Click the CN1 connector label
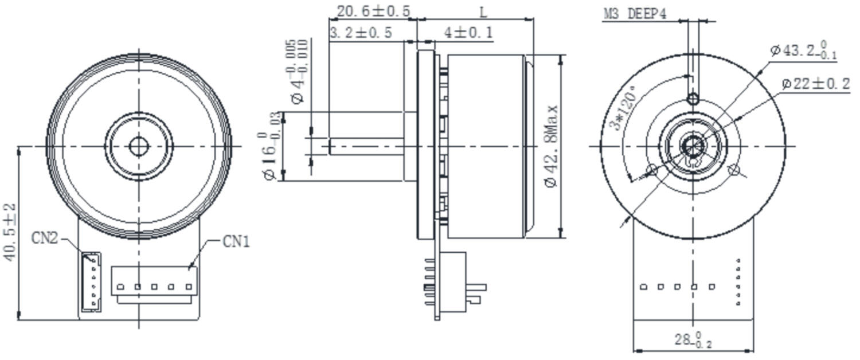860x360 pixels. pyautogui.click(x=236, y=241)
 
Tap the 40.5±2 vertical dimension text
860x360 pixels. pyautogui.click(x=10, y=232)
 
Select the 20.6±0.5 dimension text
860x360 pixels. pyautogui.click(x=373, y=11)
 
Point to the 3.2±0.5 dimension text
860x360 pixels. pyautogui.click(x=361, y=33)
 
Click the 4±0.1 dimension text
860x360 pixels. pyautogui.click(x=468, y=33)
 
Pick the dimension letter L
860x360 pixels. pyautogui.click(x=483, y=11)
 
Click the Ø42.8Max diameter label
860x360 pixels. pyautogui.click(x=552, y=146)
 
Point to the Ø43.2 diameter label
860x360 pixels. pyautogui.click(x=803, y=50)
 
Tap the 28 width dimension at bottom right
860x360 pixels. pyautogui.click(x=693, y=340)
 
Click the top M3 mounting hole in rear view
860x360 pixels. pyautogui.click(x=693, y=99)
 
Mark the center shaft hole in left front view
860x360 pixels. pyautogui.click(x=138, y=146)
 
